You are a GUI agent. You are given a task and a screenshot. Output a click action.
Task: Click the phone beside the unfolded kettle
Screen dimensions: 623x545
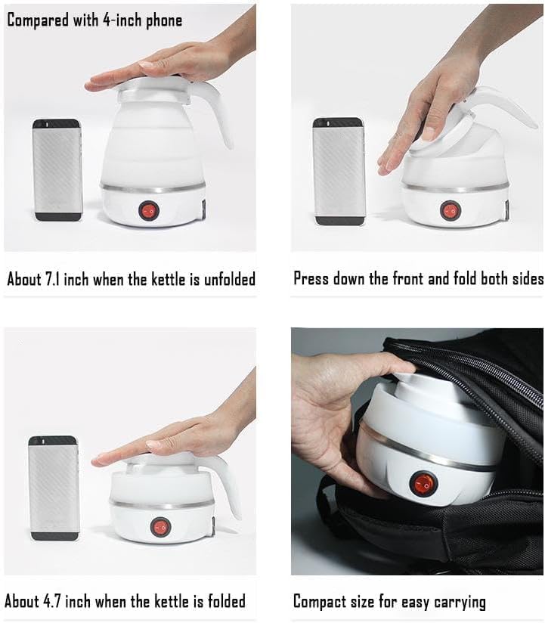pyautogui.click(x=57, y=169)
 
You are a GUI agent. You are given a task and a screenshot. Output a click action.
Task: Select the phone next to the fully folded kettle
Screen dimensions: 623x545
pyautogui.click(x=53, y=488)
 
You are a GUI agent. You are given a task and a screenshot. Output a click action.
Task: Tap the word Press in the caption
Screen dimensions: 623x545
pyautogui.click(x=311, y=278)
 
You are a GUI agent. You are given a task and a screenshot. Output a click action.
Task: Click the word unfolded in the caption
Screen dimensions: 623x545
pyautogui.click(x=226, y=279)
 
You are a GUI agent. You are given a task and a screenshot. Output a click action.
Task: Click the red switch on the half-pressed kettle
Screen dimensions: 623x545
pyautogui.click(x=451, y=209)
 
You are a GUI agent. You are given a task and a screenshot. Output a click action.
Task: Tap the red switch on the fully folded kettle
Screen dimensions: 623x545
pyautogui.click(x=159, y=526)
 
